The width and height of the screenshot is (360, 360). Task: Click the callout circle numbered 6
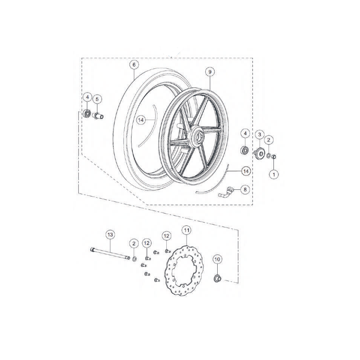point(134,65)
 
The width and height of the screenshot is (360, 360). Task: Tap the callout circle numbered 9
point(210,72)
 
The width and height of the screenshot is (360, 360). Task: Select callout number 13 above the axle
point(110,235)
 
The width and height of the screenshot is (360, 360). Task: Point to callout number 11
point(186,230)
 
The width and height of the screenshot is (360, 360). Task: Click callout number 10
point(217,259)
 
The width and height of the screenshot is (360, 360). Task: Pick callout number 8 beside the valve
point(245,189)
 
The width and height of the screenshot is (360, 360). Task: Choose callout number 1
point(274,174)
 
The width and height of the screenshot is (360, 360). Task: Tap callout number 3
point(260,134)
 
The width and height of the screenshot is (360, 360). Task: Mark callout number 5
point(97,99)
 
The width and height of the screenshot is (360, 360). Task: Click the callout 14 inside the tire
point(141,120)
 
